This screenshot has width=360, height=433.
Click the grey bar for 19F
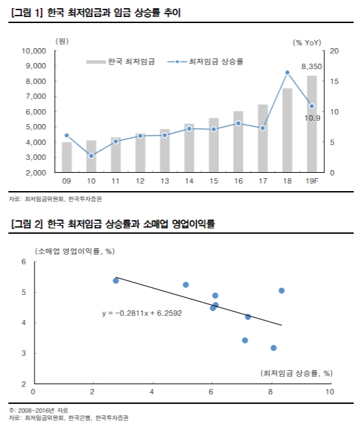pos(311,124)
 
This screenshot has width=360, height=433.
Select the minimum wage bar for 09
pos(66,157)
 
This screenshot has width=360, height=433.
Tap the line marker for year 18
pos(287,72)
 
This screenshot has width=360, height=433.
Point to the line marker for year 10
pos(91,156)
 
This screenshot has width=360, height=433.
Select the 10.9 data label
pos(313,118)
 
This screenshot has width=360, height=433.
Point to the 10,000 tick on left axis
pos(32,51)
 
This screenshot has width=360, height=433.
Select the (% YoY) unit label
pos(307,42)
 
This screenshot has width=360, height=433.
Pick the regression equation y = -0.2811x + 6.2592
pos(141,314)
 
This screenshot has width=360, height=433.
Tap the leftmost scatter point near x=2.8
pos(116,281)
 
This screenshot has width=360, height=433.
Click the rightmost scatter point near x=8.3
pos(281,291)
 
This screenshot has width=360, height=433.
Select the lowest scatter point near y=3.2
pos(273,348)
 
